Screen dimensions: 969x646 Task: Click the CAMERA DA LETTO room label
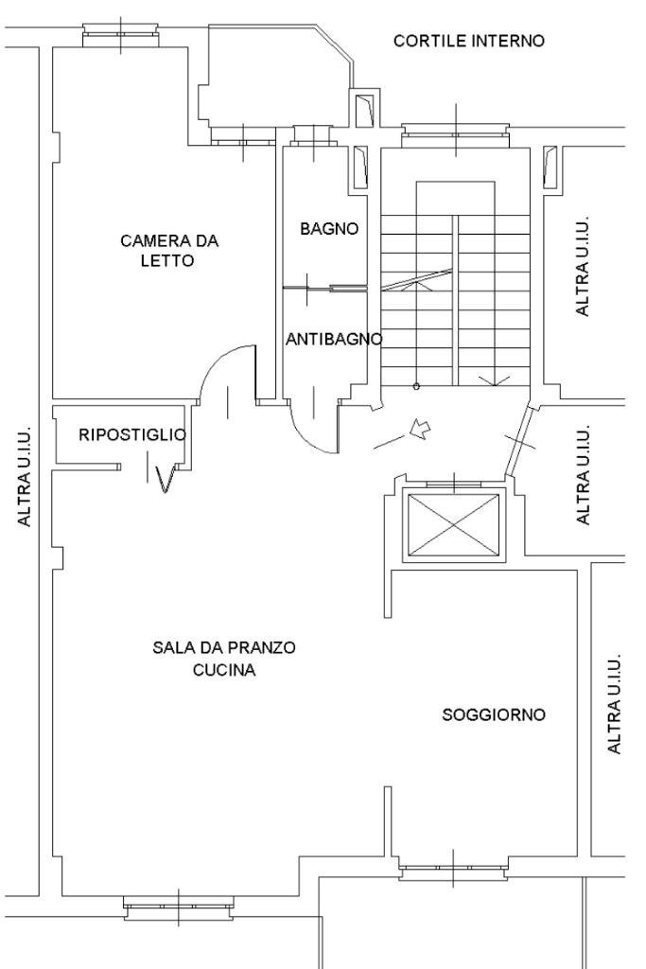pyautogui.click(x=169, y=250)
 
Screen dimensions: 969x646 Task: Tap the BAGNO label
pyautogui.click(x=329, y=228)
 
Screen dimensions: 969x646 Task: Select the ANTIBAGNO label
pyautogui.click(x=334, y=339)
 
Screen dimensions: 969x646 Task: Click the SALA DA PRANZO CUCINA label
pyautogui.click(x=224, y=659)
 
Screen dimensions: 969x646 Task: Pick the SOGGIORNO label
pyautogui.click(x=494, y=714)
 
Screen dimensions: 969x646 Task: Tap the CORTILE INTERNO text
pyautogui.click(x=469, y=41)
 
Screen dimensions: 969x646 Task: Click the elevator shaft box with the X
pyautogui.click(x=450, y=526)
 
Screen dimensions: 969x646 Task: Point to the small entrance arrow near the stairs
pyautogui.click(x=419, y=431)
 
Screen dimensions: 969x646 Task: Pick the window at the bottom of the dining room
pyautogui.click(x=178, y=906)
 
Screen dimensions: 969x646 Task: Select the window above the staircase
pyautogui.click(x=456, y=132)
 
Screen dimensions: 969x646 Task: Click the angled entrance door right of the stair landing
pyautogui.click(x=518, y=442)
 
